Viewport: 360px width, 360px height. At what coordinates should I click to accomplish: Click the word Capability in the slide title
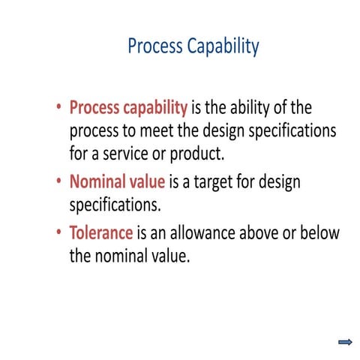221,47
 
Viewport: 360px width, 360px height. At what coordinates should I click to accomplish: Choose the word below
319,232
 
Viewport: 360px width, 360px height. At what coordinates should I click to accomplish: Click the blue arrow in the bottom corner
346,342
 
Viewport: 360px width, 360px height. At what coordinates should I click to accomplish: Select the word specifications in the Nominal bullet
115,205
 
